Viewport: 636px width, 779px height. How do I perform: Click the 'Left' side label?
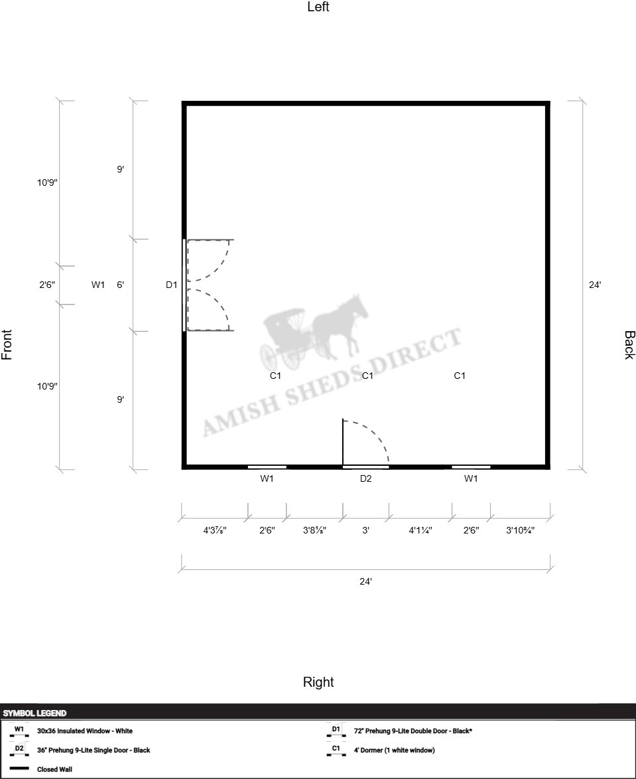pos(318,7)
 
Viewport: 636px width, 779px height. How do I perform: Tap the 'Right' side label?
pos(318,682)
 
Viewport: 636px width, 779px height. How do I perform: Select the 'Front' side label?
pos(7,344)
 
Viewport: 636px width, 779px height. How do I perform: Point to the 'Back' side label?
pos(629,345)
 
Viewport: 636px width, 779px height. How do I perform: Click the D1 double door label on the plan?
pos(171,285)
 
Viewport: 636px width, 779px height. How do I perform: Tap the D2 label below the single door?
pos(366,478)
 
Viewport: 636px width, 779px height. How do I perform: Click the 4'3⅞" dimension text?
pos(215,530)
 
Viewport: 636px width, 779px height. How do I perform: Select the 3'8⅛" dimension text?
pos(315,530)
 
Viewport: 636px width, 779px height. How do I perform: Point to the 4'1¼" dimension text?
pos(420,530)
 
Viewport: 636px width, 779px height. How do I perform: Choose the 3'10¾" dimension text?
pos(521,530)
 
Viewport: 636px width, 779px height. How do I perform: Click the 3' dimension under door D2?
pos(366,530)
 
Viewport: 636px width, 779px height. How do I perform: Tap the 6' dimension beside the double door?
pos(120,285)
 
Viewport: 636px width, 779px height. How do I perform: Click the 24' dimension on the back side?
pos(595,285)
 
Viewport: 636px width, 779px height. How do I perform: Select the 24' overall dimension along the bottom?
pos(366,581)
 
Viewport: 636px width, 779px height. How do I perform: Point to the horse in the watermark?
pos(341,326)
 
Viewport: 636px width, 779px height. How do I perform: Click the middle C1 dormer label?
pos(367,376)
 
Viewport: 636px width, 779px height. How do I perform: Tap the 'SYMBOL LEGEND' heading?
pos(34,713)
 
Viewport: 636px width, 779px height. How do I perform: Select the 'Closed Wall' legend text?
pos(54,769)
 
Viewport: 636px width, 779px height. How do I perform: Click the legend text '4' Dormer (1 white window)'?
pos(394,750)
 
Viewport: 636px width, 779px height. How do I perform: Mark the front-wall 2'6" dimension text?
pos(47,285)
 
